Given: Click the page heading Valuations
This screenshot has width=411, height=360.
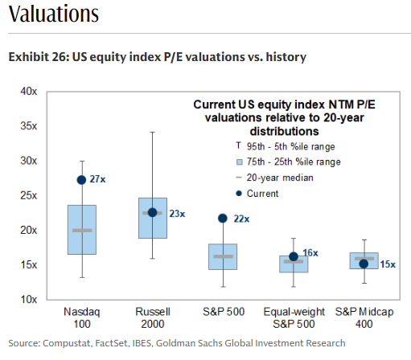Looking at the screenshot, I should click(54, 15).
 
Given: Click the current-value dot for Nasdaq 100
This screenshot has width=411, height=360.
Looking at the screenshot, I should click(81, 180).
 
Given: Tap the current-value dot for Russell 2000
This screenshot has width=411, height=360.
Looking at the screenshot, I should click(153, 212).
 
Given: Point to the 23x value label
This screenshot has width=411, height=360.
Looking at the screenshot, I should click(176, 214).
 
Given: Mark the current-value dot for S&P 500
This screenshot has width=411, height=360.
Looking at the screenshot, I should click(223, 218).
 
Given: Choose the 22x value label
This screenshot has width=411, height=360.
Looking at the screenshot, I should click(240, 219).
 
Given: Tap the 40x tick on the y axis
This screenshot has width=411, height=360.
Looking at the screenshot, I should click(28, 92).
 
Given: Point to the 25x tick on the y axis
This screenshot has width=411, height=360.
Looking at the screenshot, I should click(28, 195).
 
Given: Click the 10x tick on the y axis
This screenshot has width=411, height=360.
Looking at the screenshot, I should click(28, 299).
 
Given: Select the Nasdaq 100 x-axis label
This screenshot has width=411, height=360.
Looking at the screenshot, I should click(82, 316).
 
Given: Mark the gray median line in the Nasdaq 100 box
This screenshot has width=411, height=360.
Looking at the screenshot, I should click(82, 231).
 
